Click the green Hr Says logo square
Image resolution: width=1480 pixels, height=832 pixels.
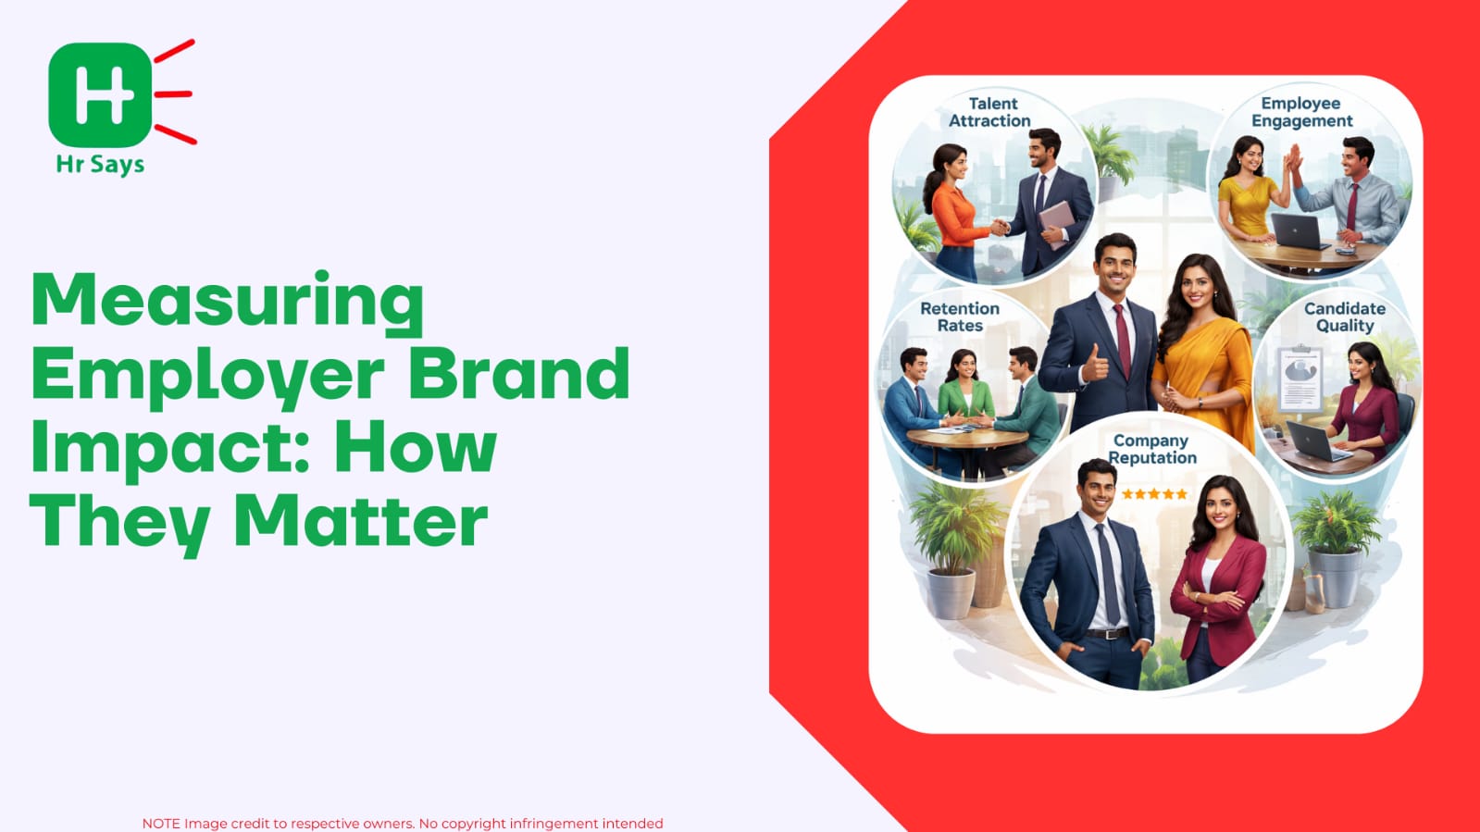click(101, 94)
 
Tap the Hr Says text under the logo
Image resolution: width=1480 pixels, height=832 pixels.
click(101, 165)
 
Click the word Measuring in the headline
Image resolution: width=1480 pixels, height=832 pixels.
click(228, 302)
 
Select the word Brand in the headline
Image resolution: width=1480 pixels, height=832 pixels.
click(518, 372)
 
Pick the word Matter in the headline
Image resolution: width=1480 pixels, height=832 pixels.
click(361, 520)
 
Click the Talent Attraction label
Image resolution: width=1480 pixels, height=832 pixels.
click(989, 112)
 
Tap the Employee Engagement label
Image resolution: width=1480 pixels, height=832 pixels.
click(1301, 112)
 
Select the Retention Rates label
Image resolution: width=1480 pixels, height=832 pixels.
click(960, 317)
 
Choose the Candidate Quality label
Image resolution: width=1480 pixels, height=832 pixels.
click(1345, 317)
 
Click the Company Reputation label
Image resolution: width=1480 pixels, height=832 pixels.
click(1151, 450)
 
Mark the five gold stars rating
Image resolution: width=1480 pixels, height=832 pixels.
click(1154, 493)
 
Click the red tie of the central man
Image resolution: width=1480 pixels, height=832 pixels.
click(1123, 341)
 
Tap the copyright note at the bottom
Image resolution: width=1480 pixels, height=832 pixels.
click(403, 824)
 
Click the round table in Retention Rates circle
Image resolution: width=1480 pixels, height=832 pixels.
click(966, 438)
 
